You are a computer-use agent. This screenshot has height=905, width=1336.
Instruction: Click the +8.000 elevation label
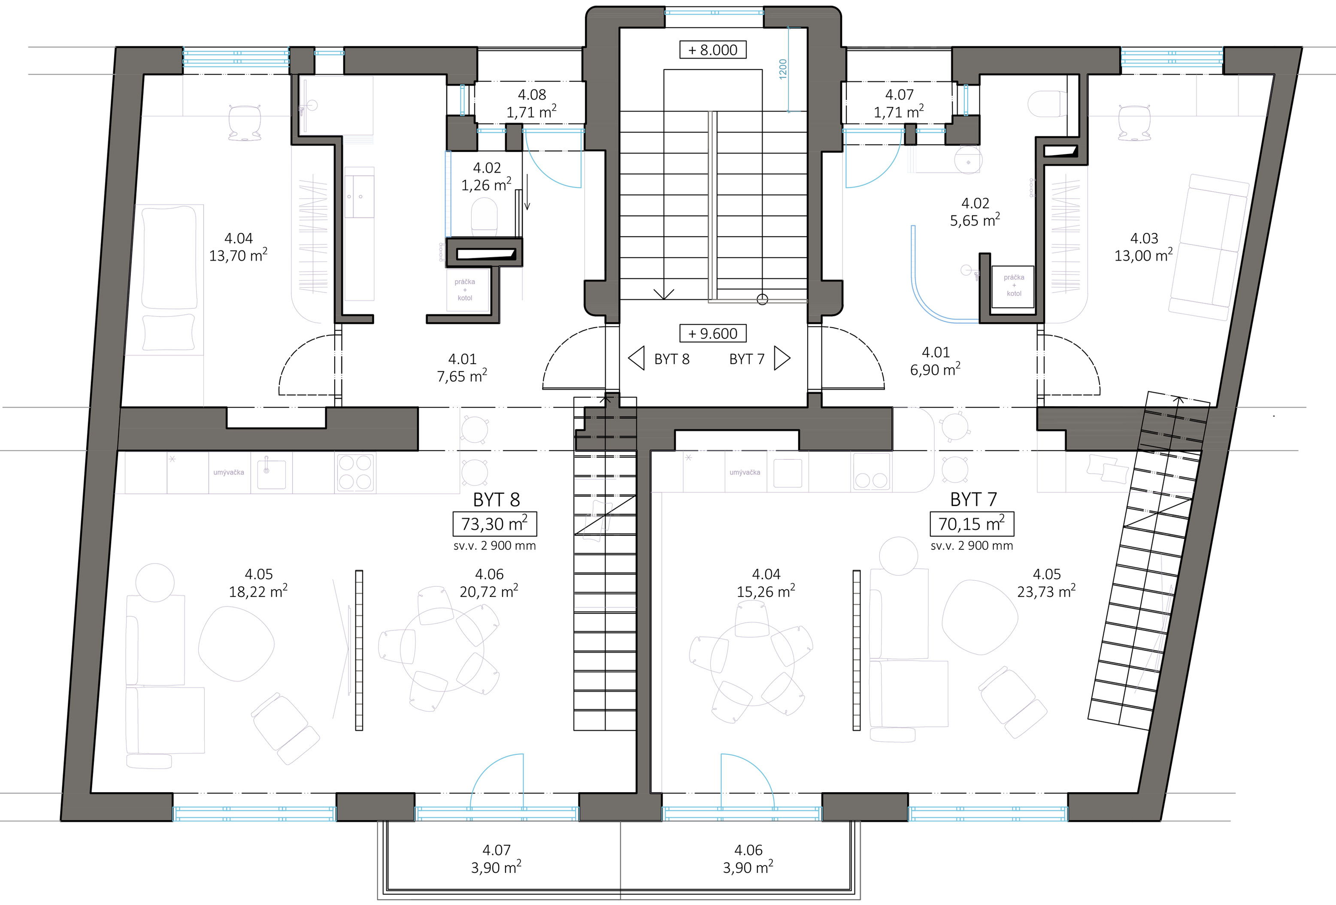tap(713, 50)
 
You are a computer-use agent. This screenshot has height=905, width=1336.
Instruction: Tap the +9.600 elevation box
tap(713, 333)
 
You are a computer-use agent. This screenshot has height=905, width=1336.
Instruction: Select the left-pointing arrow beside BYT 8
tap(636, 359)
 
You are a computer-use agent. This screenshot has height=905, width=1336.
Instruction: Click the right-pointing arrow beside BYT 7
tap(782, 358)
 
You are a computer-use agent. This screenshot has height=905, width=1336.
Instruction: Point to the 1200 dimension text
tap(783, 69)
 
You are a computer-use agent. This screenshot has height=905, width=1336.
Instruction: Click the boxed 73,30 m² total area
tap(494, 523)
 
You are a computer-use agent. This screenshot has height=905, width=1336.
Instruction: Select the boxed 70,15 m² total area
tap(972, 523)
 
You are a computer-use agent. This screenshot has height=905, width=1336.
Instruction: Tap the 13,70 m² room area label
tap(238, 255)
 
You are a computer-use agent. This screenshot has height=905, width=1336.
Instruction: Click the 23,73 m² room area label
tap(1046, 591)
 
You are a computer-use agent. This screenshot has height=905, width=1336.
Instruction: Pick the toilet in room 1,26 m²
tap(484, 217)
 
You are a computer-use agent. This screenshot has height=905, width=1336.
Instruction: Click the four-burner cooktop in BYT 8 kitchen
tap(355, 472)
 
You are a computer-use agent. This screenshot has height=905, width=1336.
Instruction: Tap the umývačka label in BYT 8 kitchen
tap(229, 472)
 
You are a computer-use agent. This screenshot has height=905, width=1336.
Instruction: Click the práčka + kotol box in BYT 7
tap(1014, 286)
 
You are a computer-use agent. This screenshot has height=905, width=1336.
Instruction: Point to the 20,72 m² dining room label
tap(489, 591)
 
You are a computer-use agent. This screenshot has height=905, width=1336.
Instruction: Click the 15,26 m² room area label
tap(766, 591)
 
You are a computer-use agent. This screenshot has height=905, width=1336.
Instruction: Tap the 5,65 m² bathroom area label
tap(975, 220)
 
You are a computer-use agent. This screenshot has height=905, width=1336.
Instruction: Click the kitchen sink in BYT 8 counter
tap(271, 472)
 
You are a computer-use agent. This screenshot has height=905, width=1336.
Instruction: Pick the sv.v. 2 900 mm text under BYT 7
tap(972, 546)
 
